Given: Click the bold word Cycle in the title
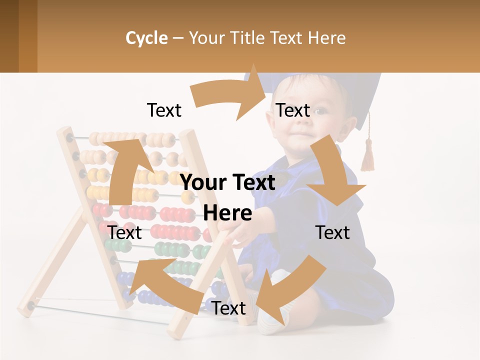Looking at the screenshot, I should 146,38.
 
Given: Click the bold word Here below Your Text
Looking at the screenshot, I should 227,213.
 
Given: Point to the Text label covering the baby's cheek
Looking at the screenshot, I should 293,110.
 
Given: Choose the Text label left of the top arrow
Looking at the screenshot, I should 164,110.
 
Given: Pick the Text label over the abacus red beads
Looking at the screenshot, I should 125,232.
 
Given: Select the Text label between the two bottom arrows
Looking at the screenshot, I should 228,308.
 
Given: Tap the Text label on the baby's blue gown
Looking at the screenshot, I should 332,232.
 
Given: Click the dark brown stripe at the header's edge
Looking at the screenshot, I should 9,36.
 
